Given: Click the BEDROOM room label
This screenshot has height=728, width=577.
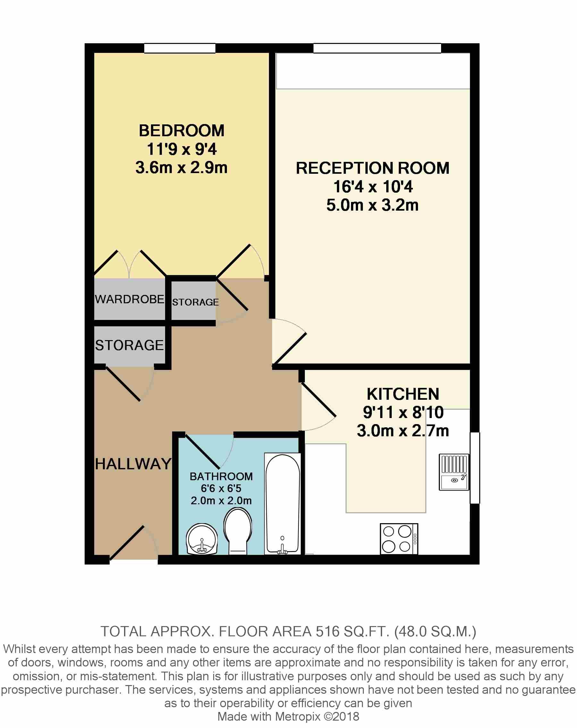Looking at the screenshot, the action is tap(182, 131).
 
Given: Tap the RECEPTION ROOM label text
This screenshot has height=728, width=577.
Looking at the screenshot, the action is tap(372, 168).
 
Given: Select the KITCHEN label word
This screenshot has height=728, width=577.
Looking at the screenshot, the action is tap(403, 394).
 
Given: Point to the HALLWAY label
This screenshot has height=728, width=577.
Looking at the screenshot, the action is tap(133, 464).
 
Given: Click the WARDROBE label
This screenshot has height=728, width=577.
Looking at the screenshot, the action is tap(130, 299).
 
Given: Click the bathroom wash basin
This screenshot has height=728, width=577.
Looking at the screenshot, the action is tap(202, 539).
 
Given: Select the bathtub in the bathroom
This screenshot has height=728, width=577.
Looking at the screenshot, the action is tap(283, 504).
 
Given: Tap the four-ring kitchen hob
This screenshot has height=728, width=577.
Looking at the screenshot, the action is tap(399, 539).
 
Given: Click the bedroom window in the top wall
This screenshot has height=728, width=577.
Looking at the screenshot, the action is tap(180, 48).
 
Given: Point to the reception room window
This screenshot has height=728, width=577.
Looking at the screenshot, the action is tap(377, 48).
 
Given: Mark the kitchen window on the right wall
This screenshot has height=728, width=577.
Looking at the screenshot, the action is tap(475, 468).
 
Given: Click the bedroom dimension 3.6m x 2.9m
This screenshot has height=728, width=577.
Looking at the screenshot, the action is tap(182, 167).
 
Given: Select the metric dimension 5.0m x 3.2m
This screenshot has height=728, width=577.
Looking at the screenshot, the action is tap(372, 205).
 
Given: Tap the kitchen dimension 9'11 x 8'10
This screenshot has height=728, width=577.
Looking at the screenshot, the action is tap(403, 412).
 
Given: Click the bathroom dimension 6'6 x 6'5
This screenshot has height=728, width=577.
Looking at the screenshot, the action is tap(221, 488).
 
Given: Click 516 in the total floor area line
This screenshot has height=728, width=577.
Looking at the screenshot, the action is tap(327, 631).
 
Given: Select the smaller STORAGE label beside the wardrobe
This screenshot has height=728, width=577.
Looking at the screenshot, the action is tap(196, 302).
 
